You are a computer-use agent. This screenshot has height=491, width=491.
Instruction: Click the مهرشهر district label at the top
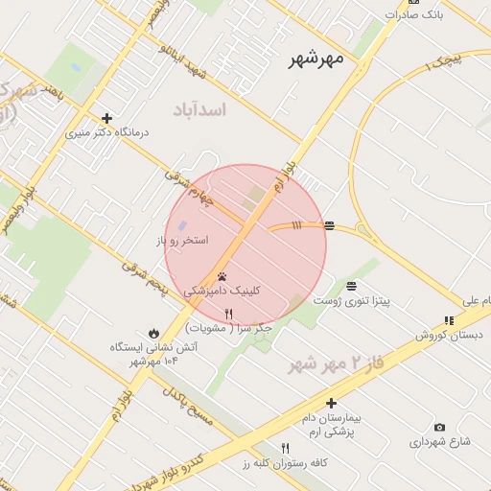click(x=316, y=60)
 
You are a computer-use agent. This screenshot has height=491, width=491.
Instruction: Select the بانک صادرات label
click(x=415, y=14)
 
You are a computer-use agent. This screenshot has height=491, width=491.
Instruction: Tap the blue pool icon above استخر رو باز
click(x=183, y=224)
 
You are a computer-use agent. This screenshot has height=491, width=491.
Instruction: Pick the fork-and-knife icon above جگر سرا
click(x=228, y=313)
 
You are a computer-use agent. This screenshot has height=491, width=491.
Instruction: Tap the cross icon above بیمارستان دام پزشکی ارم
click(x=331, y=403)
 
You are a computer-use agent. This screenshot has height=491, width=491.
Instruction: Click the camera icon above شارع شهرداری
click(x=439, y=427)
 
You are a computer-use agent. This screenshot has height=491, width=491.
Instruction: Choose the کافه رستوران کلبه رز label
click(x=285, y=463)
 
